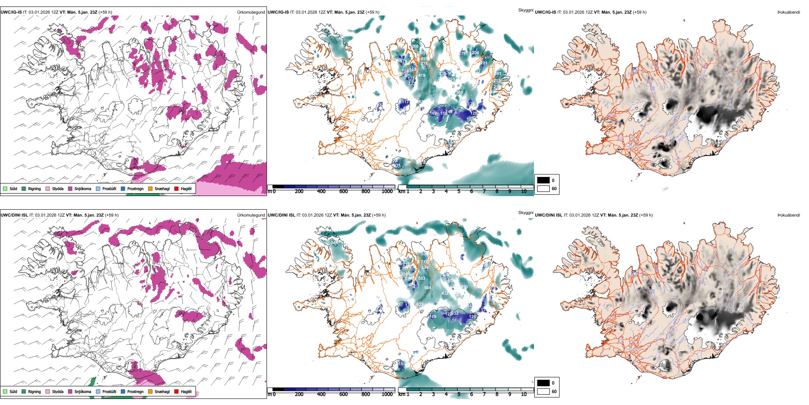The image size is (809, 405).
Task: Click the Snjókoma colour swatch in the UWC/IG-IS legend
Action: point(70,188)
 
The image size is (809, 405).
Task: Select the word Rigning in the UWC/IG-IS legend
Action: point(34,188)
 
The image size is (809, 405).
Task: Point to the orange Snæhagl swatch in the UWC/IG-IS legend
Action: point(150,188)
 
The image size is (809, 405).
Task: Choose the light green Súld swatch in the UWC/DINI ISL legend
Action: point(5,391)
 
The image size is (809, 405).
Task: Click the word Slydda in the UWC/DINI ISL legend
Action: point(57,391)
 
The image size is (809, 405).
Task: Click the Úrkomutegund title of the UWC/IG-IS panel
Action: point(251,12)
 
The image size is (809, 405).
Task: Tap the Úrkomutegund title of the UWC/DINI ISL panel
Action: point(251,215)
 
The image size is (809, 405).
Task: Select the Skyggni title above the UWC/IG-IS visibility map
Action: point(525,10)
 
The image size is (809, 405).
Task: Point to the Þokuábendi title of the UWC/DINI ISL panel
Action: point(789,215)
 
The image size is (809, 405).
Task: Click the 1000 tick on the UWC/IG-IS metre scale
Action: point(387,191)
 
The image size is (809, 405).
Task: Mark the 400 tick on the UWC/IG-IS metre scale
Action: point(321,191)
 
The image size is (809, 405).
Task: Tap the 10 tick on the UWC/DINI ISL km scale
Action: point(524,394)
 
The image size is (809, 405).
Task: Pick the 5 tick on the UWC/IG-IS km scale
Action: point(459,191)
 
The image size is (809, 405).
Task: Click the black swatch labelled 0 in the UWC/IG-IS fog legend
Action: point(543,180)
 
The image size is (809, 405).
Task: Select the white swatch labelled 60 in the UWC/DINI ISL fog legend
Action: point(543,391)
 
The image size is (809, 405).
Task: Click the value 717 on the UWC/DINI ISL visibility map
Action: point(424,262)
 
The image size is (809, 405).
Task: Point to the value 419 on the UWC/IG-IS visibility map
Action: point(422,75)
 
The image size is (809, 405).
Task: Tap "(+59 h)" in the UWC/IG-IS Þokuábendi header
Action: point(640,12)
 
